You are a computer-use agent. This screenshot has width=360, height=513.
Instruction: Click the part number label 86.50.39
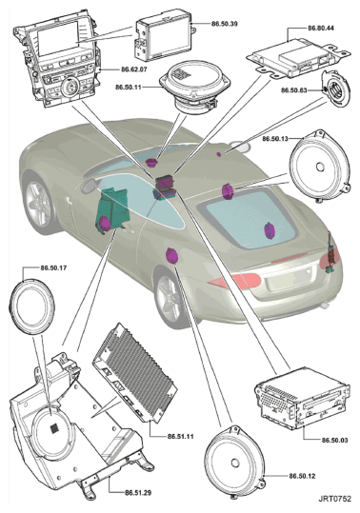[x=224, y=24]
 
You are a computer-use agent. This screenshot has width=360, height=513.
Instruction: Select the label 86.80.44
[x=321, y=29]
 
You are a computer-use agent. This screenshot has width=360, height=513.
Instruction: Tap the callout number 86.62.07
[x=134, y=69]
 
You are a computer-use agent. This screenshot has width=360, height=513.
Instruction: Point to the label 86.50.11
[x=129, y=88]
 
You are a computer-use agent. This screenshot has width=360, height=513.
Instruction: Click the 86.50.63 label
[x=294, y=90]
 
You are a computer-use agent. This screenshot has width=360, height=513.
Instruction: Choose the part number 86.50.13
[x=275, y=139]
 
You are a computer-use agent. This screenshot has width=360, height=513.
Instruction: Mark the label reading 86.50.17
[x=53, y=268]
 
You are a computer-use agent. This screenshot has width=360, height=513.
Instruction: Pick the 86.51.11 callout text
[x=180, y=437]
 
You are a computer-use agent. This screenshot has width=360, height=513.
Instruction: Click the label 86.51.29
[x=138, y=492]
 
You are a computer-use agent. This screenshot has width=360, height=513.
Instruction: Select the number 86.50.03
[x=334, y=440]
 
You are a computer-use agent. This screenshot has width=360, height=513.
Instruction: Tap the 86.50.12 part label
[x=302, y=476]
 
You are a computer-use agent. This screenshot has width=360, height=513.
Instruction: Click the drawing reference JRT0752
[x=335, y=499]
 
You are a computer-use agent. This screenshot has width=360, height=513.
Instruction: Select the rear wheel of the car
[x=170, y=299]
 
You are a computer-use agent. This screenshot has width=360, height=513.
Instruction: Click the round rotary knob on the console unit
[x=69, y=87]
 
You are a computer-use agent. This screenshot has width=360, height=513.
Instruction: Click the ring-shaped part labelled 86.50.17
[x=31, y=306]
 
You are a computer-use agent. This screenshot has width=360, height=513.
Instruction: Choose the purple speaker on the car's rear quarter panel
[x=172, y=256]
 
